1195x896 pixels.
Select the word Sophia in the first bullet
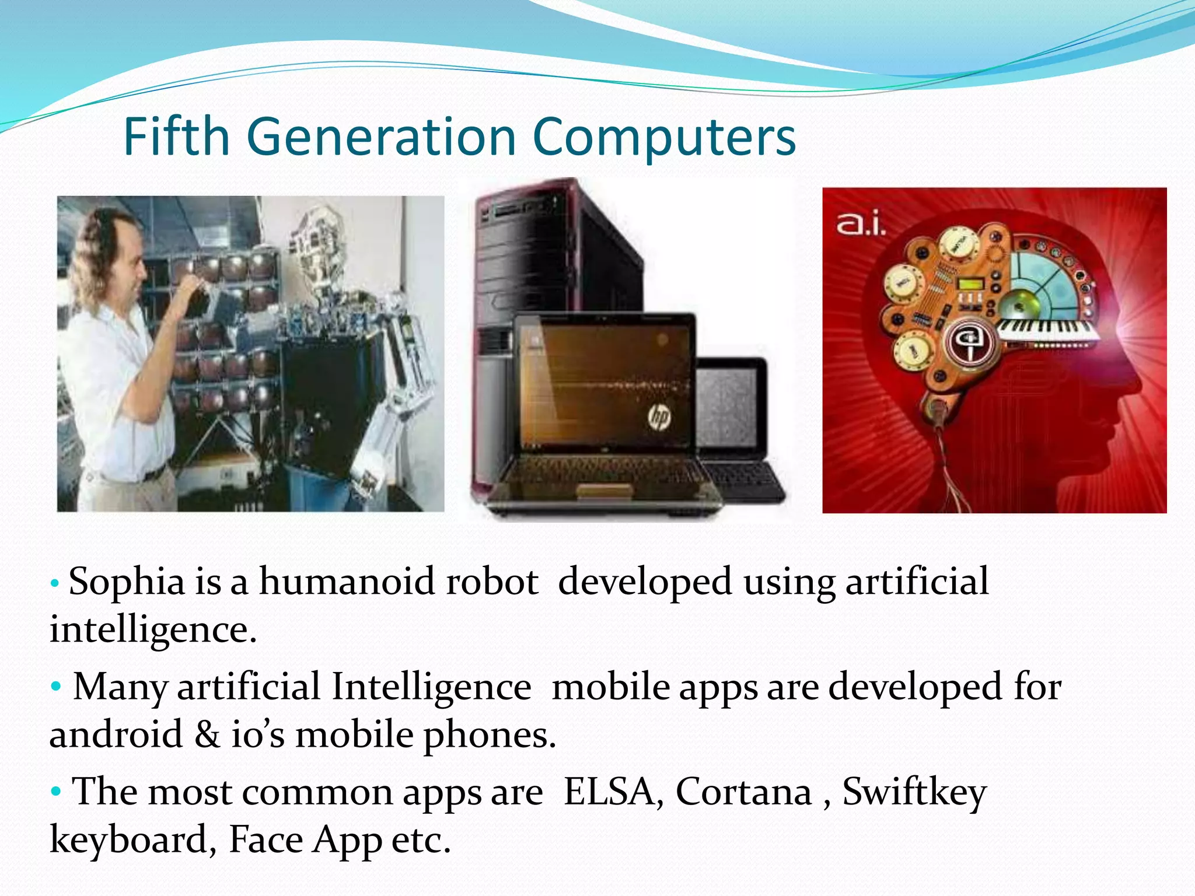(x=127, y=582)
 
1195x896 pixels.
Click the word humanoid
(x=348, y=582)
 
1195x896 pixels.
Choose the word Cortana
(x=743, y=792)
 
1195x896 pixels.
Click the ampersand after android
(x=207, y=734)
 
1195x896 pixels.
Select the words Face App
(x=304, y=840)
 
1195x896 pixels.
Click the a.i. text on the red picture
(x=861, y=224)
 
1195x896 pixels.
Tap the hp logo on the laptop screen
(x=659, y=416)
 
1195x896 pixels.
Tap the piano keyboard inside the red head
(x=1047, y=328)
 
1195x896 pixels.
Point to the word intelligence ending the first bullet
(x=153, y=630)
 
